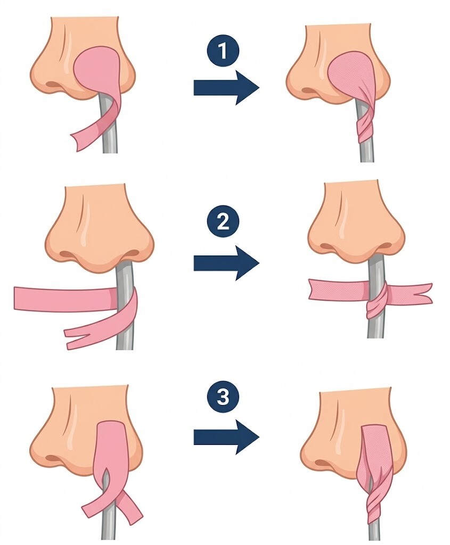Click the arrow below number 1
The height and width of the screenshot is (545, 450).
(226, 87)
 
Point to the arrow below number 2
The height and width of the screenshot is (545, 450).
(226, 263)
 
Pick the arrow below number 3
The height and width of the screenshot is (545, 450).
(226, 436)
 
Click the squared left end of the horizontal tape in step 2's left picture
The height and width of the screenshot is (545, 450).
(20, 298)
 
